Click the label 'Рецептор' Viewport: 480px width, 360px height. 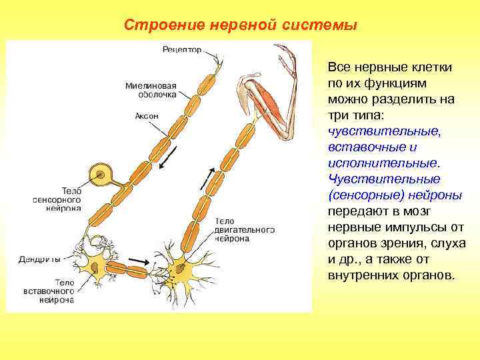(181, 50)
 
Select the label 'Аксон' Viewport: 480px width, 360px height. (147, 115)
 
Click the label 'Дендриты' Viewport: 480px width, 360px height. (41, 259)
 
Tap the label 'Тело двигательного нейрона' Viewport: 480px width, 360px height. (244, 229)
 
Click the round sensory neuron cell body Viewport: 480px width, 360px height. (101, 176)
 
